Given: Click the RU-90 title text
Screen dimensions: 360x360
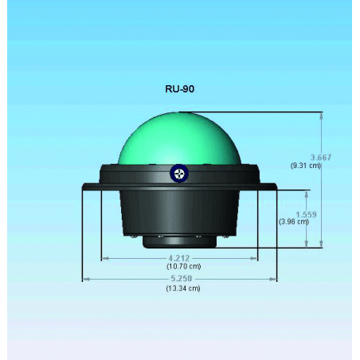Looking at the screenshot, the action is tap(180, 89).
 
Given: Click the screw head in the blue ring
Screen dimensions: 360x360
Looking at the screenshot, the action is tap(179, 174).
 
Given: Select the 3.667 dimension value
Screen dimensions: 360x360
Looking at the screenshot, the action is tap(321, 158).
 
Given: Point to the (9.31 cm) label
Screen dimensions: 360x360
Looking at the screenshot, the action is tap(306, 166).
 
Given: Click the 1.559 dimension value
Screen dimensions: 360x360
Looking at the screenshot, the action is tap(307, 214).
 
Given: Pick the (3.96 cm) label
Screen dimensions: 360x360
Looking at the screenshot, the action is tap(294, 221).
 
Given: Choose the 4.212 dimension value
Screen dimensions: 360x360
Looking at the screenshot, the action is tap(179, 258).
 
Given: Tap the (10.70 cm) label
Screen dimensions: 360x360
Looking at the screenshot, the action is tap(183, 266).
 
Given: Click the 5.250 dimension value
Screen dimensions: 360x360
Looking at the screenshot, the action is tap(182, 279).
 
